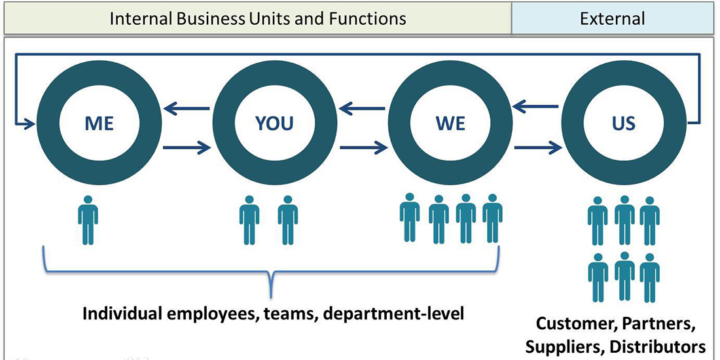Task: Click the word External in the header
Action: (x=612, y=18)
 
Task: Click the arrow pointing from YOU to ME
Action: (x=187, y=109)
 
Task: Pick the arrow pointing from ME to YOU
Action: (x=187, y=148)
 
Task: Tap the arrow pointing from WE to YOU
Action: (x=363, y=109)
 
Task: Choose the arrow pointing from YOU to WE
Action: (x=363, y=148)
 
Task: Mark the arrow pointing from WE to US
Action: (x=537, y=148)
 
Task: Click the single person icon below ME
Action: (x=88, y=222)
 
